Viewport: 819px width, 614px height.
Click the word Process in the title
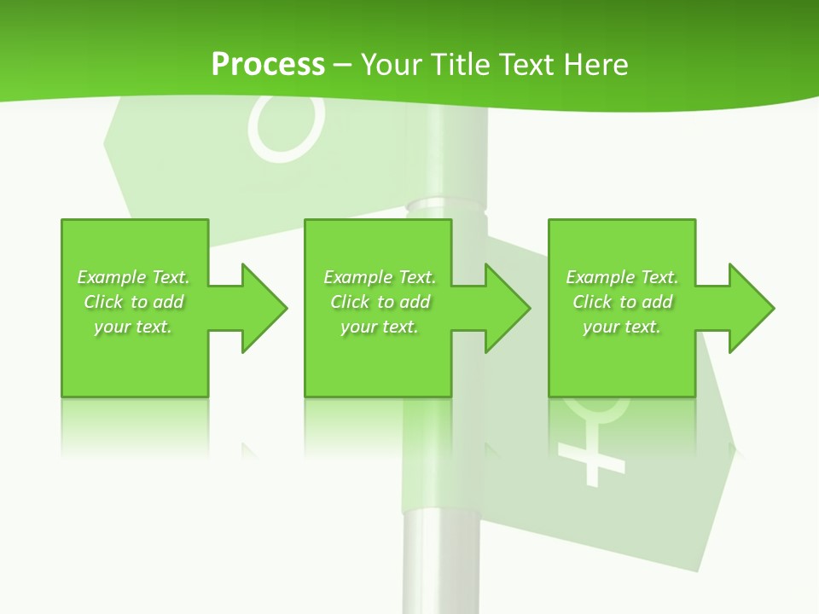(268, 65)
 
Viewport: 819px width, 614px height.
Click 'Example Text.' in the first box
(133, 277)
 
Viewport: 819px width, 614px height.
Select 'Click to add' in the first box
(133, 302)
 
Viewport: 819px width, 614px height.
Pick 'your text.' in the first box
(133, 327)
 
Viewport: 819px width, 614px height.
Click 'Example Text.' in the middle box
(379, 277)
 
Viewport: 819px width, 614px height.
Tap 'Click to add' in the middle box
(379, 302)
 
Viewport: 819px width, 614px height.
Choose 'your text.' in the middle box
(379, 327)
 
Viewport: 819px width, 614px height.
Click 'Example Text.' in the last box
(622, 277)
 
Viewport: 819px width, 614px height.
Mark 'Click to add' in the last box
(622, 302)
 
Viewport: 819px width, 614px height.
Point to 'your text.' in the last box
(622, 327)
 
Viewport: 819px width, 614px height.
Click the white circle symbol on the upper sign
(287, 128)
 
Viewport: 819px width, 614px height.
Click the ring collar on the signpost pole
(444, 206)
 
